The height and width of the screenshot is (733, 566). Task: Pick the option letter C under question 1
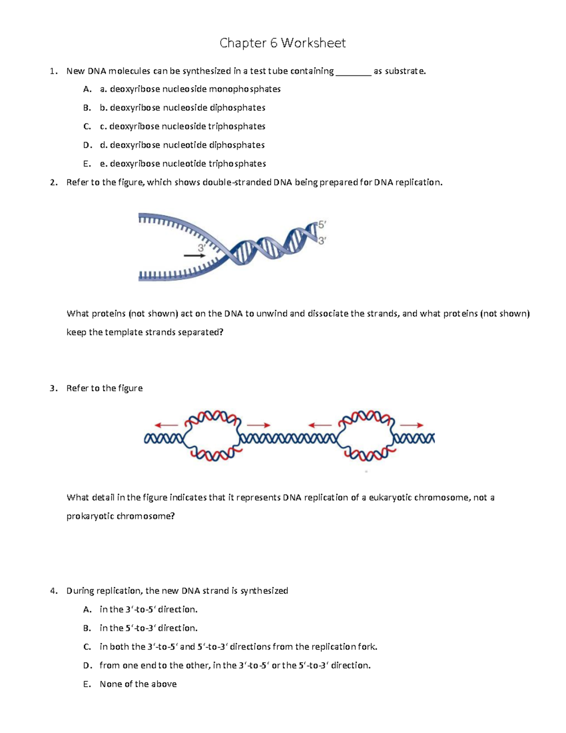pos(87,126)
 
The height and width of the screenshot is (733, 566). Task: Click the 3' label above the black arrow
pos(202,248)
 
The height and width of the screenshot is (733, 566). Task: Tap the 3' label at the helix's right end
pos(322,240)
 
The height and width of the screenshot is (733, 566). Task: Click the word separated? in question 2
pos(200,332)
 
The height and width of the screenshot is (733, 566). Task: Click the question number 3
pos(53,388)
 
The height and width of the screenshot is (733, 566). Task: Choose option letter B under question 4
pos(87,628)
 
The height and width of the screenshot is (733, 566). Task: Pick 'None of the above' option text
pos(138,684)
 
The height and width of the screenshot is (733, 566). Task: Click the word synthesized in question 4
pos(264,591)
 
